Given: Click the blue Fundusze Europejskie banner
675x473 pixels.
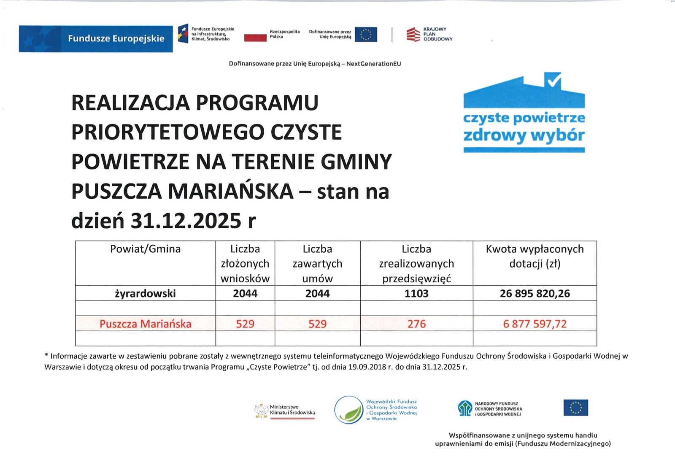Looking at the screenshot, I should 96,39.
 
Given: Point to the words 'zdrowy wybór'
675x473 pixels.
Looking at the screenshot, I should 524,135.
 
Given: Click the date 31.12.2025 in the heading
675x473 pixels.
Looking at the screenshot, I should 185,221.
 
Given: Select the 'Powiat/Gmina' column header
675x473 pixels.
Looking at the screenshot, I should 145,249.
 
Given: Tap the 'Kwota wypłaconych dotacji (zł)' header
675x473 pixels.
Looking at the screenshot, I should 535,256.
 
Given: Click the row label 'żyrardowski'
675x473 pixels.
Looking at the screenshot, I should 145,293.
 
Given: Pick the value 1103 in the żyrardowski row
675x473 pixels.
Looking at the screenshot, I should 416,293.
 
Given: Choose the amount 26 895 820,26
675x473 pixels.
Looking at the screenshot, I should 535,293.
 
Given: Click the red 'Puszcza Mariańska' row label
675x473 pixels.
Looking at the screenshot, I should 145,324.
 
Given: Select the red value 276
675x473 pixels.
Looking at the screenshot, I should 416,324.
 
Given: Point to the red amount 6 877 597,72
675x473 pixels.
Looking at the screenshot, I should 535,324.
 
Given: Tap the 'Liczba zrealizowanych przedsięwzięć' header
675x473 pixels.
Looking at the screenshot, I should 416,263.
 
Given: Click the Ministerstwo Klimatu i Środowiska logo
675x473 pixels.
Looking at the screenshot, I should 285,410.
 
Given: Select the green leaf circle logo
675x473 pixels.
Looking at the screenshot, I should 349,410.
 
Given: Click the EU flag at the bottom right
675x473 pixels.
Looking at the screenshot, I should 575,408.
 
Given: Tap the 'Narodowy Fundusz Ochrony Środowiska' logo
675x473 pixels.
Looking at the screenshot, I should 490,408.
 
